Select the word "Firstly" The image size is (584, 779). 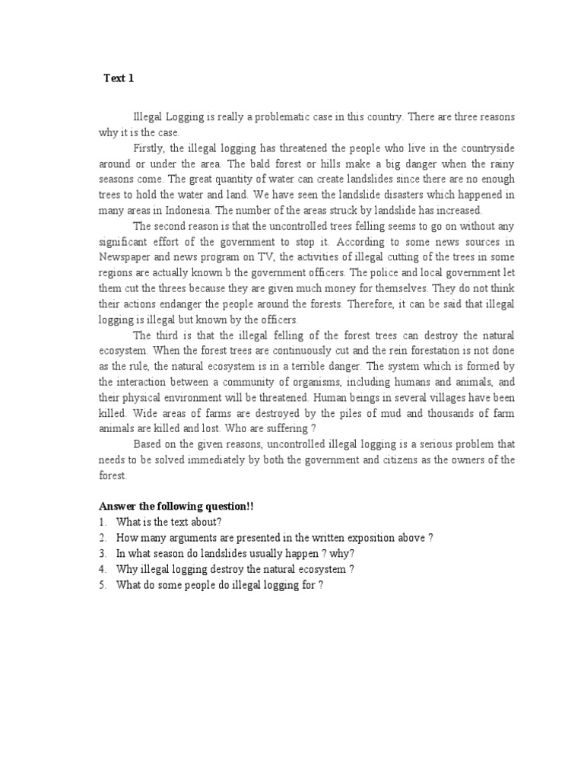151,148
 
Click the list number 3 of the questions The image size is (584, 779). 102,553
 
